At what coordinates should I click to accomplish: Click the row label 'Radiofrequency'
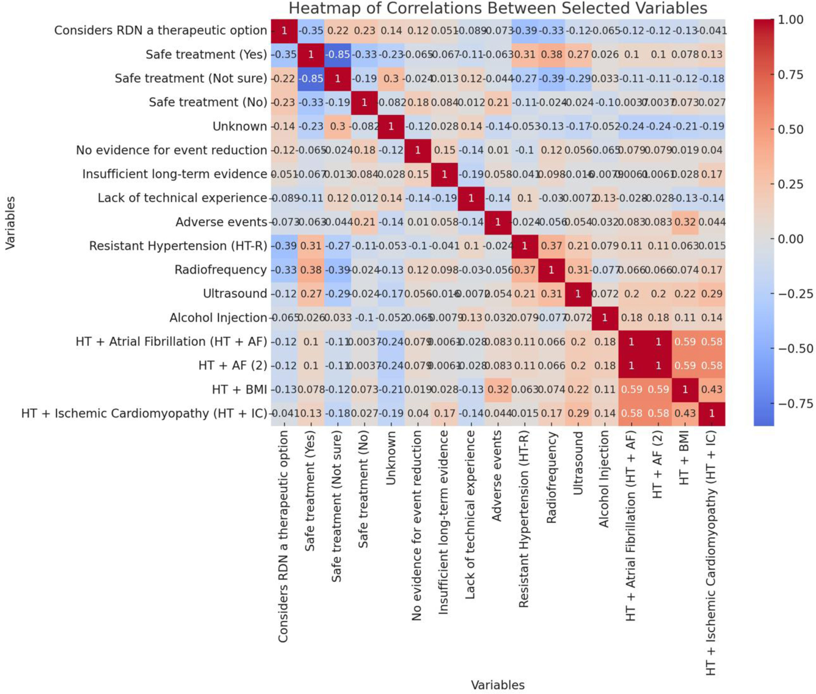221,270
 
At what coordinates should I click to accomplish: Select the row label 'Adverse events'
221,222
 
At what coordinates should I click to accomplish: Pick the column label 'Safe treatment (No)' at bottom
364,490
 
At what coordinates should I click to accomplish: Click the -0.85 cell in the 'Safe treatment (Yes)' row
337,54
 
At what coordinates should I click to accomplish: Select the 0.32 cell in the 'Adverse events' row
685,222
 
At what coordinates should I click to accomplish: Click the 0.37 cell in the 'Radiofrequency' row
524,270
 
